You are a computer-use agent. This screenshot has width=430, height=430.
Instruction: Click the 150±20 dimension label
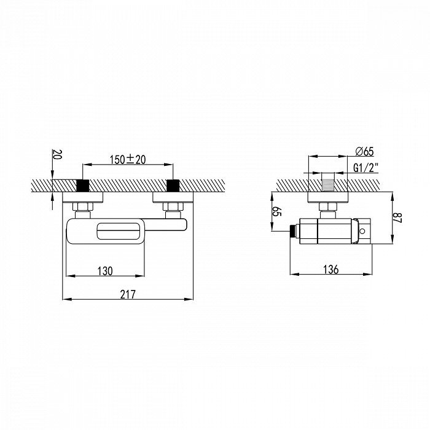pos(128,159)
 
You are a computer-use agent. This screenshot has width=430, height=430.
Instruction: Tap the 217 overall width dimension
pos(128,294)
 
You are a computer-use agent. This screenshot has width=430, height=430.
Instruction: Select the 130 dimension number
pos(105,271)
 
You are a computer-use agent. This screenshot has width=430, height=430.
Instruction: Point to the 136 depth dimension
pos(330,269)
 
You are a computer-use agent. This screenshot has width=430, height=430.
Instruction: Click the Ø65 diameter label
pos(364,151)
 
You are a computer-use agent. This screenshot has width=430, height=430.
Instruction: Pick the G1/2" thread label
pos(366,168)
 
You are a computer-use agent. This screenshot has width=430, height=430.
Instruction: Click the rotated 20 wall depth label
pos(57,154)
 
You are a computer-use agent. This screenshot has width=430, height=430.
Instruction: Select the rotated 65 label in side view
pos(277,212)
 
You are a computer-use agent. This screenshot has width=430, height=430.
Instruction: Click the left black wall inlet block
pos(82,186)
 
